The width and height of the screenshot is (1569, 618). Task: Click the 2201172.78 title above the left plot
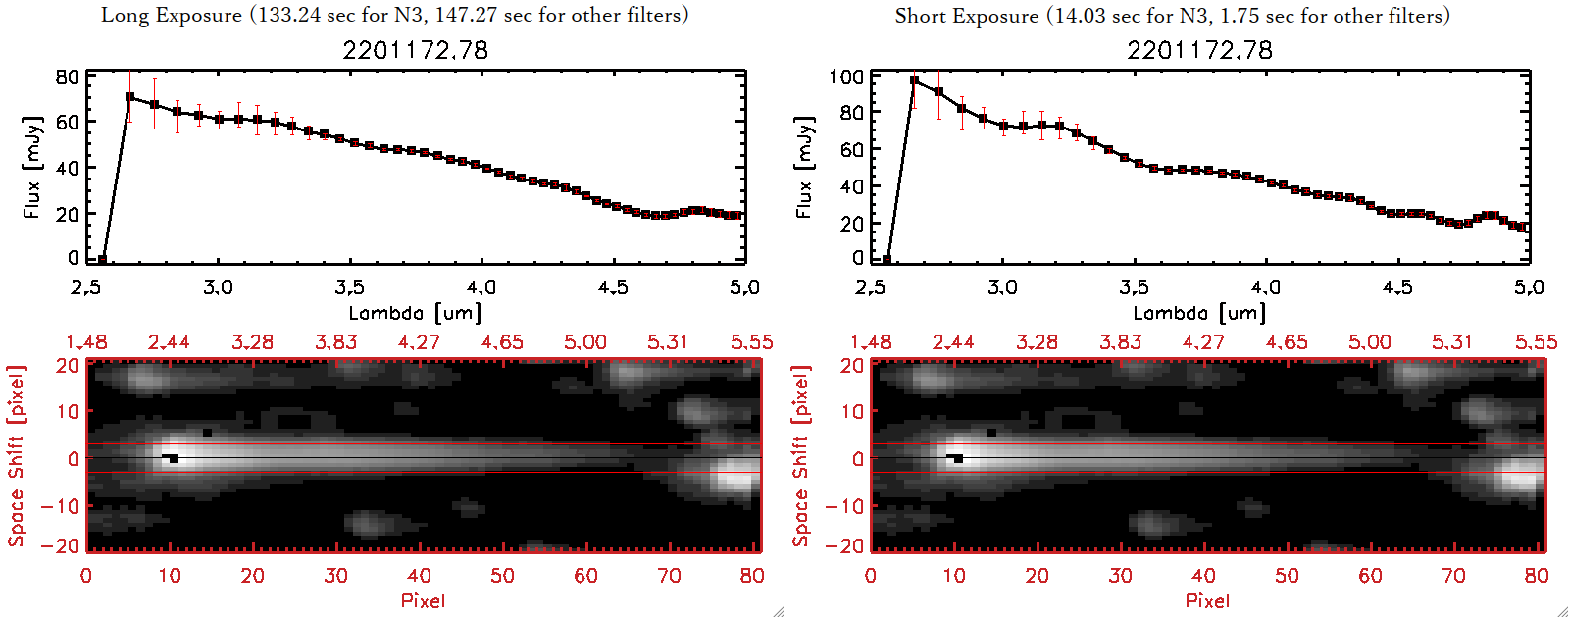click(415, 50)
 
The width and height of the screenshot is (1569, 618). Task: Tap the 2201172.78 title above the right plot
click(1199, 50)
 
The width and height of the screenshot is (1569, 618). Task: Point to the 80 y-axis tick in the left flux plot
click(68, 77)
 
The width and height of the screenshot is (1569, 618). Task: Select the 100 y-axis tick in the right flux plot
click(846, 77)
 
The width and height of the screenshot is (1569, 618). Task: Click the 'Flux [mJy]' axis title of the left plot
click(32, 167)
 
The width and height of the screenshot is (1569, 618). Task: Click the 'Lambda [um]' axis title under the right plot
click(1199, 313)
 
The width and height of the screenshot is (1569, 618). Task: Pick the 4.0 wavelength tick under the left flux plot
click(481, 287)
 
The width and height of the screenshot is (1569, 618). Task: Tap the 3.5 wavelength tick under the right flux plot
click(1134, 287)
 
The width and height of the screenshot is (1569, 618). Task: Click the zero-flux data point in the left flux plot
click(102, 260)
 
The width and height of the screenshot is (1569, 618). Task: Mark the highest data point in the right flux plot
click(914, 80)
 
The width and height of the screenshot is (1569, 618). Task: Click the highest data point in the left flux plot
click(129, 97)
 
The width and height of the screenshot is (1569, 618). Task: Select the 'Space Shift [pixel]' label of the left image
click(16, 456)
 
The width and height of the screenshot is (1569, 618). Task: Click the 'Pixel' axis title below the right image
click(1207, 600)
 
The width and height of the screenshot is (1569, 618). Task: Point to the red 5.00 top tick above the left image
click(584, 342)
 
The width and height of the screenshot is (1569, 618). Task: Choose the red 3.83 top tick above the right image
click(1120, 342)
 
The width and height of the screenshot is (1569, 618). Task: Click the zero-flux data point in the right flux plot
click(886, 260)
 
